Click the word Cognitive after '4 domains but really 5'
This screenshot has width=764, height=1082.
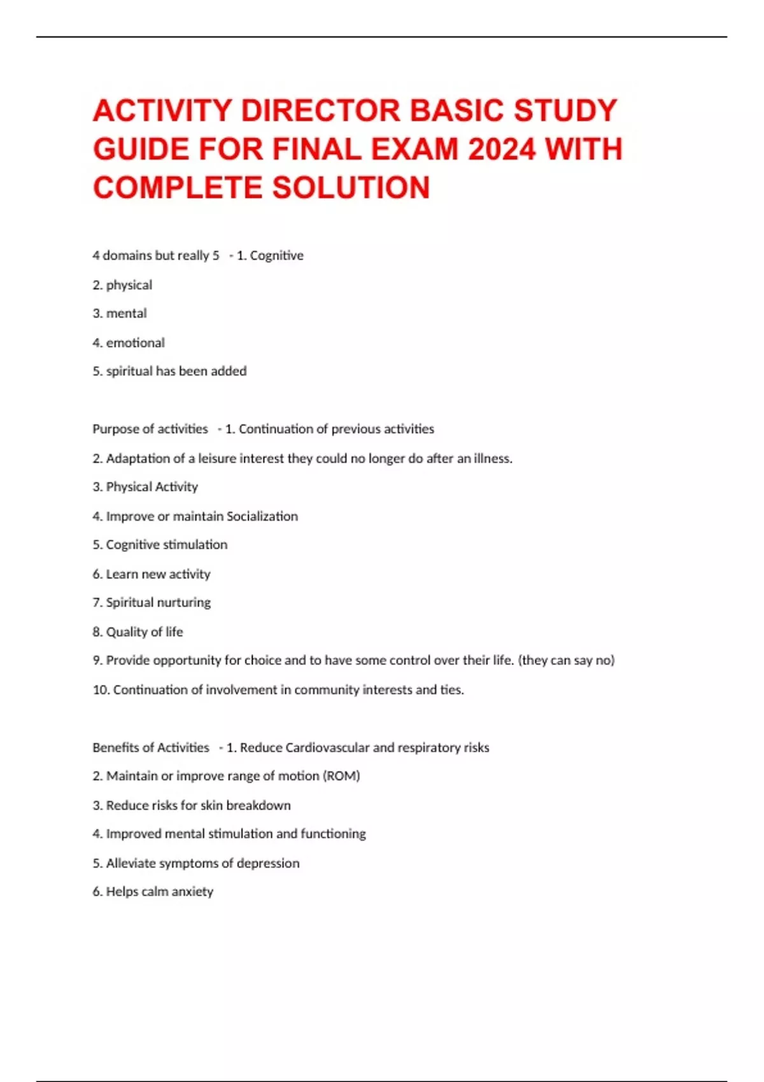276,256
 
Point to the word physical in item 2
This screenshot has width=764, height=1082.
129,285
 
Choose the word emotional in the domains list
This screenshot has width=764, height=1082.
135,343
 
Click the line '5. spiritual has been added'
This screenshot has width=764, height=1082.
169,371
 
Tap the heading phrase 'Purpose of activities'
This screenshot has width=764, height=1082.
150,429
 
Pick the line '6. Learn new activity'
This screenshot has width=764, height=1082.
152,574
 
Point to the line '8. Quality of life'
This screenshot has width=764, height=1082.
138,632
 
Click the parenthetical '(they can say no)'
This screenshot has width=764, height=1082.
567,661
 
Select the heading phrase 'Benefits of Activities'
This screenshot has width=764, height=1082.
151,748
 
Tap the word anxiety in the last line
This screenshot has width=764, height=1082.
192,892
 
